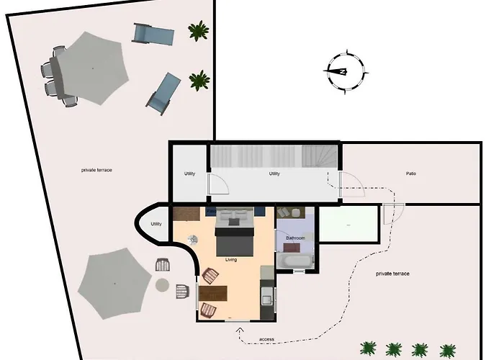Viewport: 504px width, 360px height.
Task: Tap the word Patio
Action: coord(410,174)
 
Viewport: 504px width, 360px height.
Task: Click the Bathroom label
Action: coord(295,238)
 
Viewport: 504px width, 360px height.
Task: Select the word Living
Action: coord(231,259)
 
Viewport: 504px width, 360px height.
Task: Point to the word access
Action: coord(266,338)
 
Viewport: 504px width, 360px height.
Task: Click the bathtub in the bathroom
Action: coord(294,261)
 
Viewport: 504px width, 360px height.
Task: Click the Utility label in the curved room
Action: coord(156,224)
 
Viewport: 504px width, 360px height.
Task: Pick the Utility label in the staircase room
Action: coord(274,174)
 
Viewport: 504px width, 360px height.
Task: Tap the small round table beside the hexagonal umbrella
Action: coord(163,285)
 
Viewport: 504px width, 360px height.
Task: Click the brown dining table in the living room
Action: coord(212,294)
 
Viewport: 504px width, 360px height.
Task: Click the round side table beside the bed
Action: coord(192,238)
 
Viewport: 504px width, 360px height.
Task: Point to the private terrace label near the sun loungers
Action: coord(96,170)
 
